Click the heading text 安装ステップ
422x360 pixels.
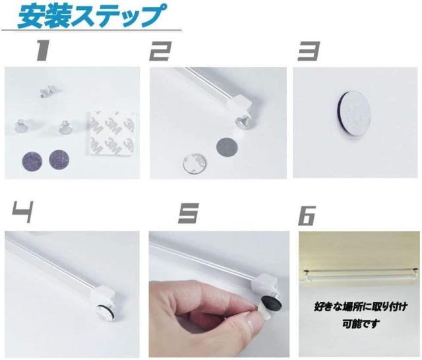coord(88,16)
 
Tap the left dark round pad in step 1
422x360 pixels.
coord(32,160)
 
